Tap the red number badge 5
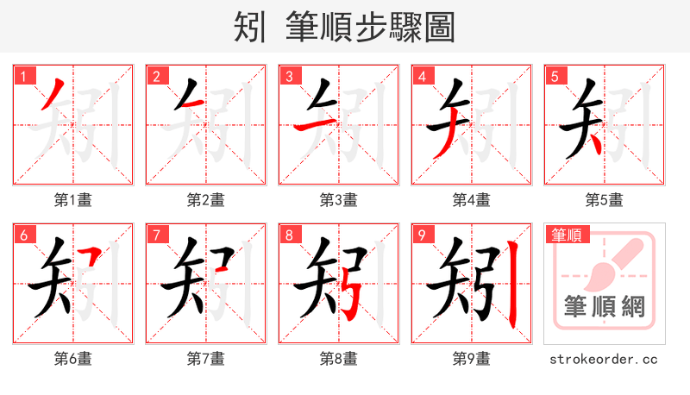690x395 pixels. pyautogui.click(x=555, y=76)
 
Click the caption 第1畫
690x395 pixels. pyautogui.click(x=72, y=200)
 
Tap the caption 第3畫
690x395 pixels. pyautogui.click(x=338, y=200)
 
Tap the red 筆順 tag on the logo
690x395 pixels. pyautogui.click(x=566, y=235)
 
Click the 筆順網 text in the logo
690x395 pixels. pyautogui.click(x=604, y=308)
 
